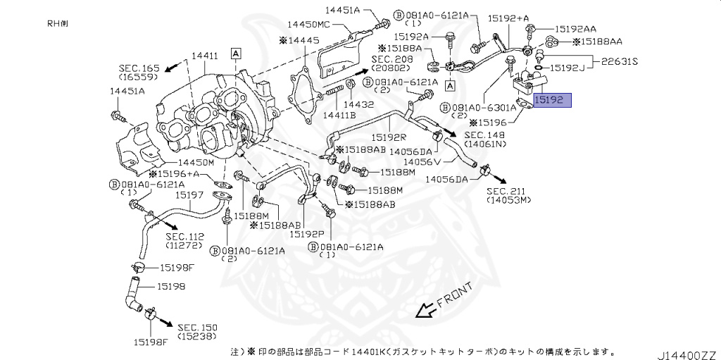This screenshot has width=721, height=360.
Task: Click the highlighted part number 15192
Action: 551,101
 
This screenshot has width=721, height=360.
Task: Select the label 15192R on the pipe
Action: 391,138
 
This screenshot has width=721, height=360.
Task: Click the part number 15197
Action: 190,194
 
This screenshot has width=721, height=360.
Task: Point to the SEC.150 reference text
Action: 198,328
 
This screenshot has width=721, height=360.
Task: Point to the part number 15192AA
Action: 575,29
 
